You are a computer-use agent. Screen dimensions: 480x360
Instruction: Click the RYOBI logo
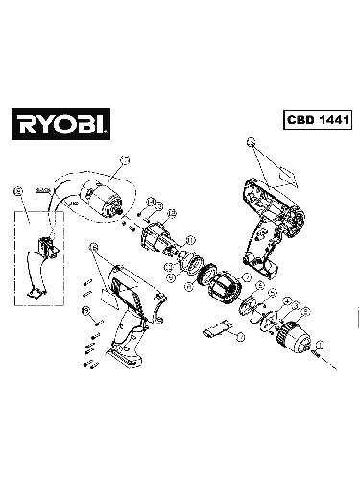pos(60,123)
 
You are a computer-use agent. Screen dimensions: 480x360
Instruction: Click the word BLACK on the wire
pos(41,192)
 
